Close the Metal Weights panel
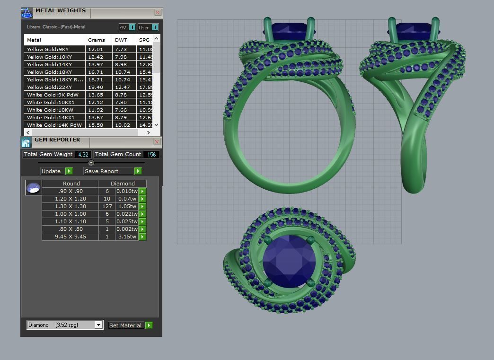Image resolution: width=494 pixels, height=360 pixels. coord(158,13)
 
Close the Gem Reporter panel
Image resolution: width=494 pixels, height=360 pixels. coord(157,141)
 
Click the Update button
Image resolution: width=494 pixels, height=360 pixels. coord(56,171)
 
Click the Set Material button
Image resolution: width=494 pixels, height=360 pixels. coord(130,325)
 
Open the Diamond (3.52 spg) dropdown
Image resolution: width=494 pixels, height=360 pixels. coord(98,325)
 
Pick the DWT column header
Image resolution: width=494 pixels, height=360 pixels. coord(121,40)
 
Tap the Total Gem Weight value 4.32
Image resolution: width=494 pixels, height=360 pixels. coord(83,154)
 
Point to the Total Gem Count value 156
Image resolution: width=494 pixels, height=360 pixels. coord(151,154)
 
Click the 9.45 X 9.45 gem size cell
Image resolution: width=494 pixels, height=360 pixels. coord(71,237)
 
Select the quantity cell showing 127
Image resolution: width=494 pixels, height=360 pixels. coord(107,206)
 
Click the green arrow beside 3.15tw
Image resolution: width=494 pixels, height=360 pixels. coord(142,237)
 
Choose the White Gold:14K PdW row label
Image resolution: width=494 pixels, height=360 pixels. coord(54,125)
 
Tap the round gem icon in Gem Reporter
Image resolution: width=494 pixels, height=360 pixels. coord(33,188)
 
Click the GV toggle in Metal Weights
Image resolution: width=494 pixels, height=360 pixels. coord(128,27)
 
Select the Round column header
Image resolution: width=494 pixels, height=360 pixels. coord(71,184)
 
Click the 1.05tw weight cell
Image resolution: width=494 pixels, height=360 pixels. coord(127,206)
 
